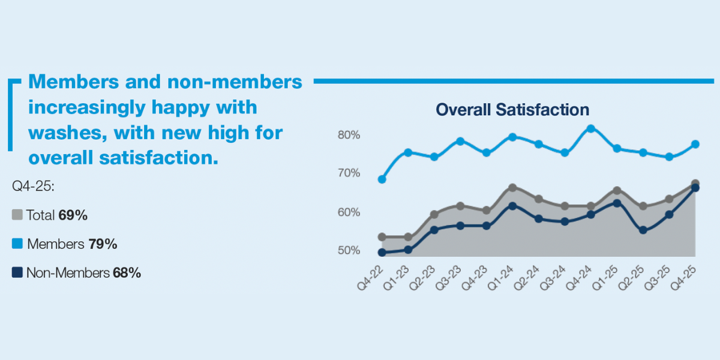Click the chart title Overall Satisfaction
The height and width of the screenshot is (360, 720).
tap(512, 110)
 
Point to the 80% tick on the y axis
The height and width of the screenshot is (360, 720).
tap(349, 135)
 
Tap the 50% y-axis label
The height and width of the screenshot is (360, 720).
tap(349, 250)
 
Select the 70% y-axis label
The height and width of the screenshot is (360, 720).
tap(349, 173)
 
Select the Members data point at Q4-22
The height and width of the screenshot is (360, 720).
tap(382, 179)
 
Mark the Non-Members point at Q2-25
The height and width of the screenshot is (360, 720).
tap(643, 230)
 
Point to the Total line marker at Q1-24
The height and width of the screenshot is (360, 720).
tap(512, 188)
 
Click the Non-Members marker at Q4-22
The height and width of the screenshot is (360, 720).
tap(382, 253)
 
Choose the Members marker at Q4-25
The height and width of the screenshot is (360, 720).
tap(695, 144)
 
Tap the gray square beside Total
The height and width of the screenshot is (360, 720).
tap(17, 215)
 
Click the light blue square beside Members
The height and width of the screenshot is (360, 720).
tap(17, 244)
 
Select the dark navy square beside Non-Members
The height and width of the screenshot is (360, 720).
tap(17, 273)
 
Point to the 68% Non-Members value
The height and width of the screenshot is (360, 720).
tap(127, 274)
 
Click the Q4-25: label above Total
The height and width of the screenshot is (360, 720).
tap(34, 186)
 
